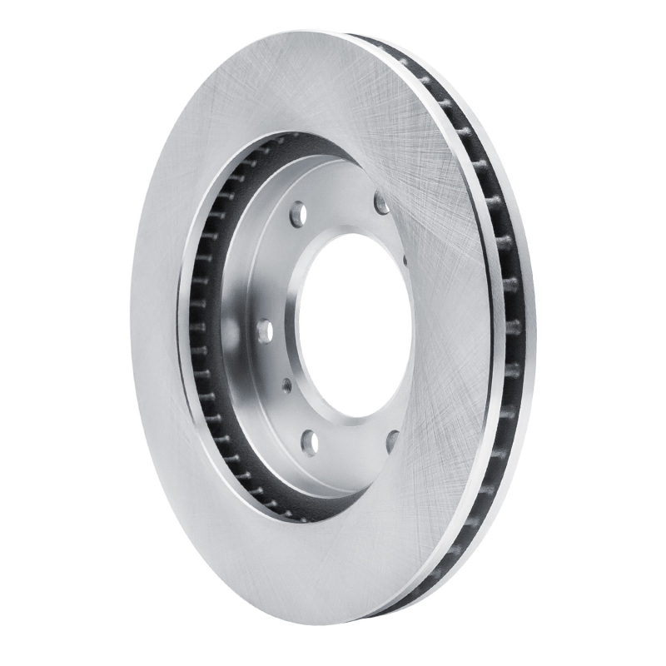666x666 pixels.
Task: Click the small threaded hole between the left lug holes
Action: point(286,384)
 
